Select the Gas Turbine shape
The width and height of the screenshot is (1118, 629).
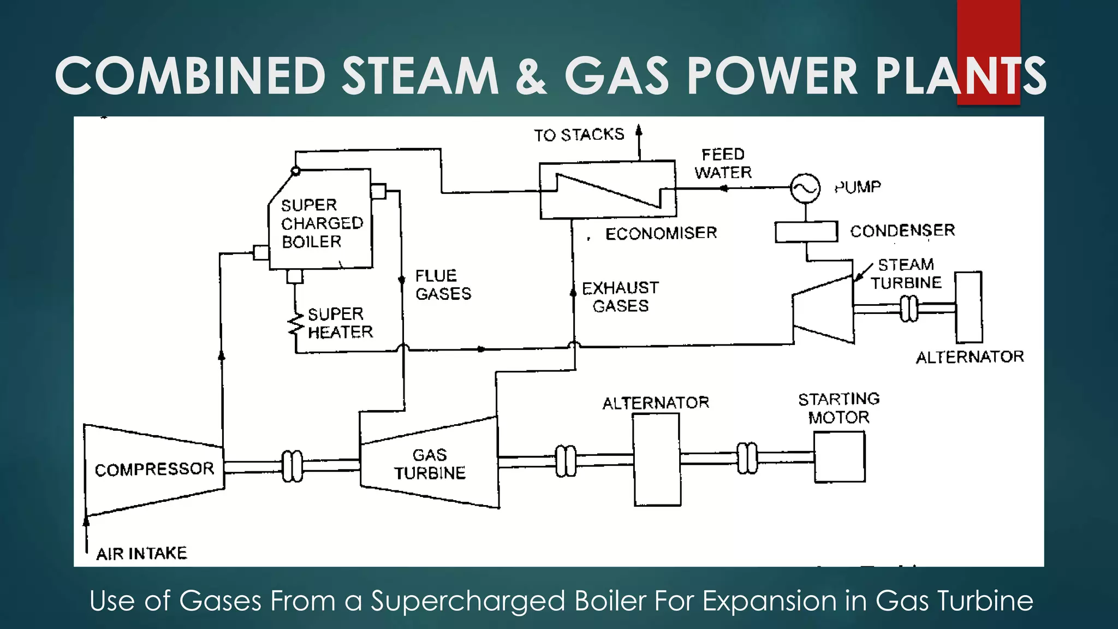coord(430,464)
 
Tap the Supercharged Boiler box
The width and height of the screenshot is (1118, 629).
coord(321,221)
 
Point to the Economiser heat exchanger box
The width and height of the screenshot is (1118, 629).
coord(608,190)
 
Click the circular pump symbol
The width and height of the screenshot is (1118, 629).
coord(805,188)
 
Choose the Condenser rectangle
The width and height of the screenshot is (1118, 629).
coord(806,232)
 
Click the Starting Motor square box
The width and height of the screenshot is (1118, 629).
coord(839,457)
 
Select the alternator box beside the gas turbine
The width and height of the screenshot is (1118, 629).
coord(657,459)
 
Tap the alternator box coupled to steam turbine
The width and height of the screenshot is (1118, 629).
coord(968,307)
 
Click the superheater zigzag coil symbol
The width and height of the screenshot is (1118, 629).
coord(295,325)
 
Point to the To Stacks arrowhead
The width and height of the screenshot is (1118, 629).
coord(639,131)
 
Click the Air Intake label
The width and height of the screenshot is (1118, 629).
coord(141,554)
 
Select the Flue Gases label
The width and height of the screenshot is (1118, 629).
coord(443,284)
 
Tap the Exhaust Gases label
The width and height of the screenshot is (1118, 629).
coord(620,296)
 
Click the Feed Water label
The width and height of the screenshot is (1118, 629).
coord(723,163)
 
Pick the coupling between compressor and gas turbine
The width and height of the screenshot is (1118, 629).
coord(292,466)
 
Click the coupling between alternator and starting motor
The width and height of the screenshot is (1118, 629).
coord(747,458)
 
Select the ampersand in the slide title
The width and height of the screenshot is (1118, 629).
coord(530,76)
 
